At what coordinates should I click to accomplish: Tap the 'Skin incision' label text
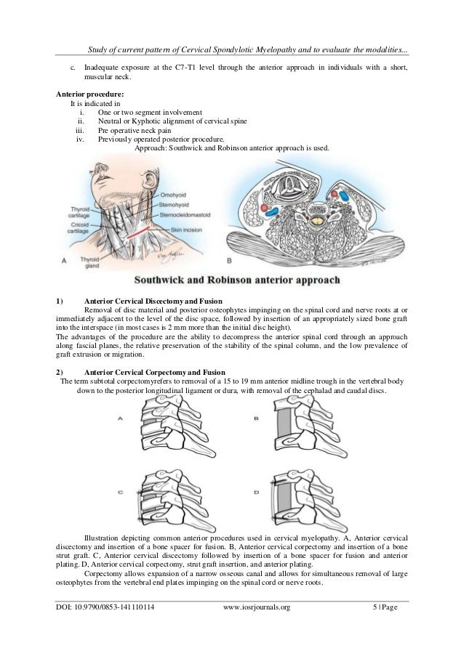click(188, 228)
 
